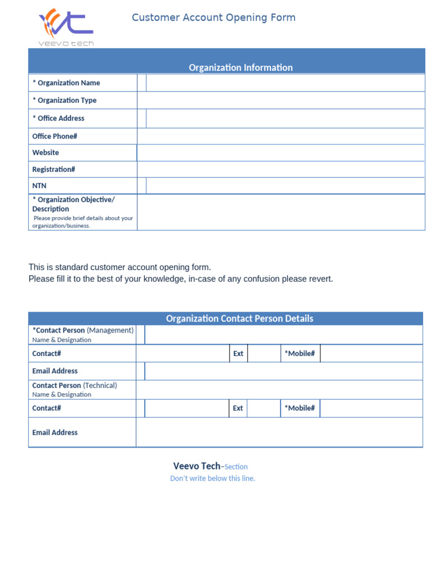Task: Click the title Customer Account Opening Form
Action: pos(213,17)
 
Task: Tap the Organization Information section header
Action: pos(240,67)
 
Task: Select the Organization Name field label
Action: pos(66,83)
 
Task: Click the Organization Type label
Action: pos(65,100)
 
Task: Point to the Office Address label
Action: pos(58,118)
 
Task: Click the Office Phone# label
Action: pos(54,136)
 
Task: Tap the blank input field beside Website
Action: pos(281,153)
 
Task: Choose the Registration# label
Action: pos(53,169)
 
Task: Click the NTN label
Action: pos(39,185)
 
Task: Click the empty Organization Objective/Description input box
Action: pos(281,212)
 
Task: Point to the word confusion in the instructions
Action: pos(253,279)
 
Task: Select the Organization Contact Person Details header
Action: pos(239,318)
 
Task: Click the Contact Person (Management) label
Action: pos(83,330)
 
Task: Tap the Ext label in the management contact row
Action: pos(238,353)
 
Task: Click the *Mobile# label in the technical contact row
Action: pos(300,408)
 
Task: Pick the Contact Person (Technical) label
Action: pos(75,385)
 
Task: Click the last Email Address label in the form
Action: pos(55,432)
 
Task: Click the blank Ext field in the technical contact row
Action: pos(264,408)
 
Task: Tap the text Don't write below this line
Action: pos(213,478)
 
